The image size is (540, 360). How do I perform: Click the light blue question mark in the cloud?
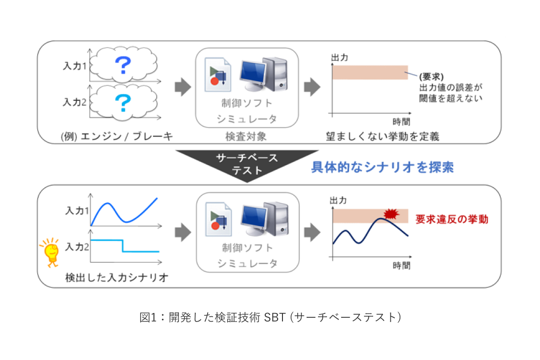point(123,102)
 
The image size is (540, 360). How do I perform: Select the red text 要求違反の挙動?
point(452,219)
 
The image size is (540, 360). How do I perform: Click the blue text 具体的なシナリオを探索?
point(382,168)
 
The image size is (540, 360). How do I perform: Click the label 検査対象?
point(247,136)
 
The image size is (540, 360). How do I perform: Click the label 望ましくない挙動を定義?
point(382,136)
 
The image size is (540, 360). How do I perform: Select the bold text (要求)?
point(430,77)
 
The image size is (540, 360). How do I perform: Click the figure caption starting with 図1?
point(270,317)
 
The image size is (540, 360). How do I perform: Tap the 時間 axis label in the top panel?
point(401,121)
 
